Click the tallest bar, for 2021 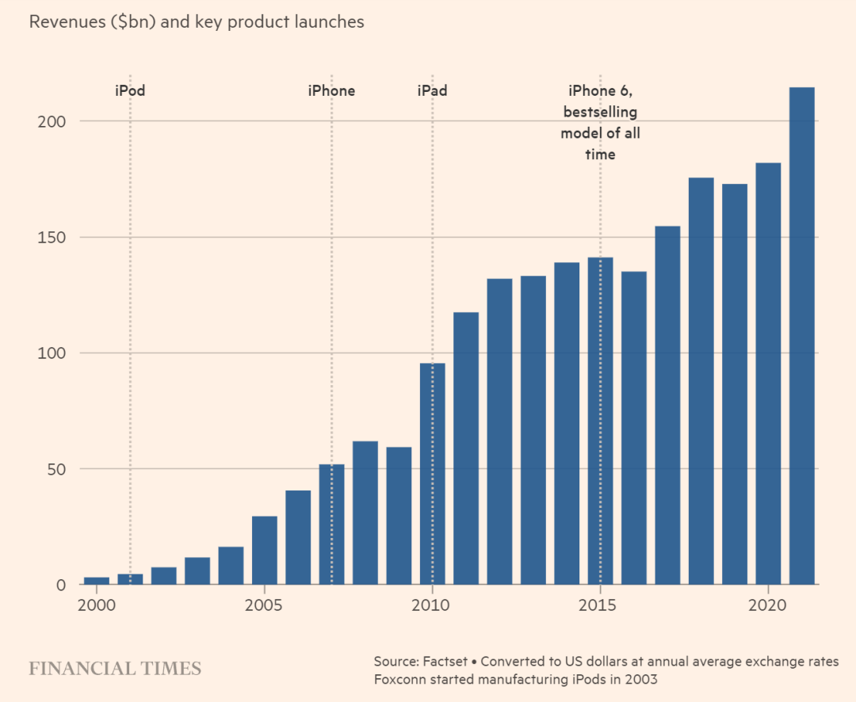pos(802,336)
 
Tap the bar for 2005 pos(265,550)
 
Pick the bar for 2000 pos(97,581)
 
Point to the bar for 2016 pos(634,428)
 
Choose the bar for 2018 pos(701,381)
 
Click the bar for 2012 pos(499,432)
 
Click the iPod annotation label pos(130,90)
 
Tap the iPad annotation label pos(432,90)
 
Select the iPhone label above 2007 pos(331,90)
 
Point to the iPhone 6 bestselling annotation pos(600,122)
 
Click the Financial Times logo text pos(115,668)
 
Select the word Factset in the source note pos(449,660)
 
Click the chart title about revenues pos(197,22)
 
